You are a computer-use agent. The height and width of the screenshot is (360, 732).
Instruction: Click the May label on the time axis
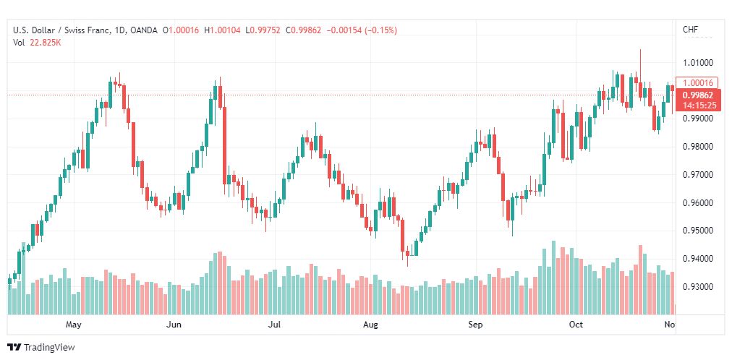click(73, 325)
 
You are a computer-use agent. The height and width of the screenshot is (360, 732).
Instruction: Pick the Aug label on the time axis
click(371, 325)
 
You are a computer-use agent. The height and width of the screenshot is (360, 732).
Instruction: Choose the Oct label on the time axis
click(576, 325)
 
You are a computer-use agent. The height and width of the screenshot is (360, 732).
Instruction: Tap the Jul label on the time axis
click(274, 325)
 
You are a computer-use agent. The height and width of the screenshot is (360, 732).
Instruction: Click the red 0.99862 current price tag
click(697, 95)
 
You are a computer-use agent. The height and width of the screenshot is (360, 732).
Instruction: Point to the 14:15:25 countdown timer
click(697, 105)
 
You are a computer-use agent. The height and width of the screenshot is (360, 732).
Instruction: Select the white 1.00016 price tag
click(697, 82)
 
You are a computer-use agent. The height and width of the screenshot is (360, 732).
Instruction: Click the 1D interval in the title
click(120, 30)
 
